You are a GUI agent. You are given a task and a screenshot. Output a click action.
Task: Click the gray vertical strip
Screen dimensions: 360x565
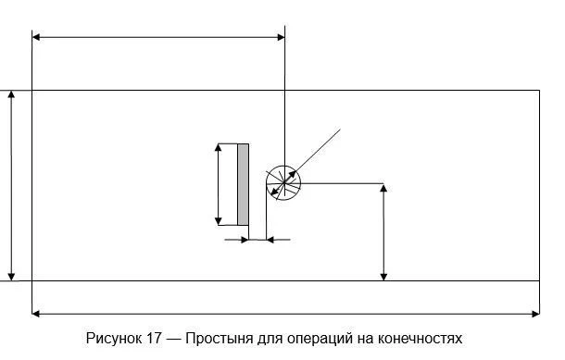click(x=243, y=184)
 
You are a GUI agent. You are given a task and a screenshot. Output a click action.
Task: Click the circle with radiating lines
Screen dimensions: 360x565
click(x=283, y=183)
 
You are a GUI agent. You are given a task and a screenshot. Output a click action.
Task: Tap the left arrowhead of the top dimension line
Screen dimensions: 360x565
click(x=37, y=37)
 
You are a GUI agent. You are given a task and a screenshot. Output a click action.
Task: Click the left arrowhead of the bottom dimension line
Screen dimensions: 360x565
click(x=37, y=314)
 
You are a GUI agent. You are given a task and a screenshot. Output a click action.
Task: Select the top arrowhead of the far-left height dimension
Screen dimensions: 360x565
click(x=12, y=95)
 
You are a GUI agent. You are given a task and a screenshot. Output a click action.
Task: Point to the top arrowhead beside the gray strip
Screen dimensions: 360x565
click(x=219, y=148)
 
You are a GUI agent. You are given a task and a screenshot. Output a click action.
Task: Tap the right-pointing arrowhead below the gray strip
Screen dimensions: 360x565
click(x=245, y=240)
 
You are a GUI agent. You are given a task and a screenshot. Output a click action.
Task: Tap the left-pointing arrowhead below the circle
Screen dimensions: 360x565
click(x=270, y=240)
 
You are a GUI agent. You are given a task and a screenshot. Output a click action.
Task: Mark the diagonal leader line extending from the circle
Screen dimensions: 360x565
click(x=320, y=149)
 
